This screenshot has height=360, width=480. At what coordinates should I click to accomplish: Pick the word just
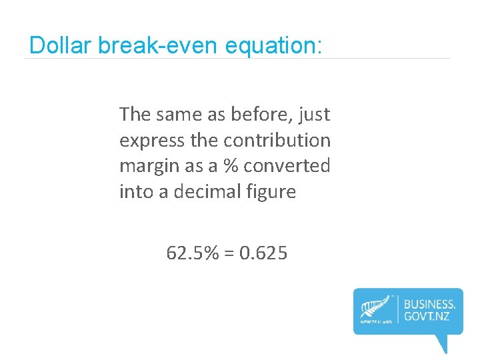point(314,115)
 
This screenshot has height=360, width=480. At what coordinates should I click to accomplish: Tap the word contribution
point(277,141)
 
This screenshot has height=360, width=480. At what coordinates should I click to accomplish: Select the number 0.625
point(263,253)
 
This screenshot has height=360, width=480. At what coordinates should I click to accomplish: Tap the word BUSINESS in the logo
point(430,303)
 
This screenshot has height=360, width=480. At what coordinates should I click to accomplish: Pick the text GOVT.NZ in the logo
point(427,315)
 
